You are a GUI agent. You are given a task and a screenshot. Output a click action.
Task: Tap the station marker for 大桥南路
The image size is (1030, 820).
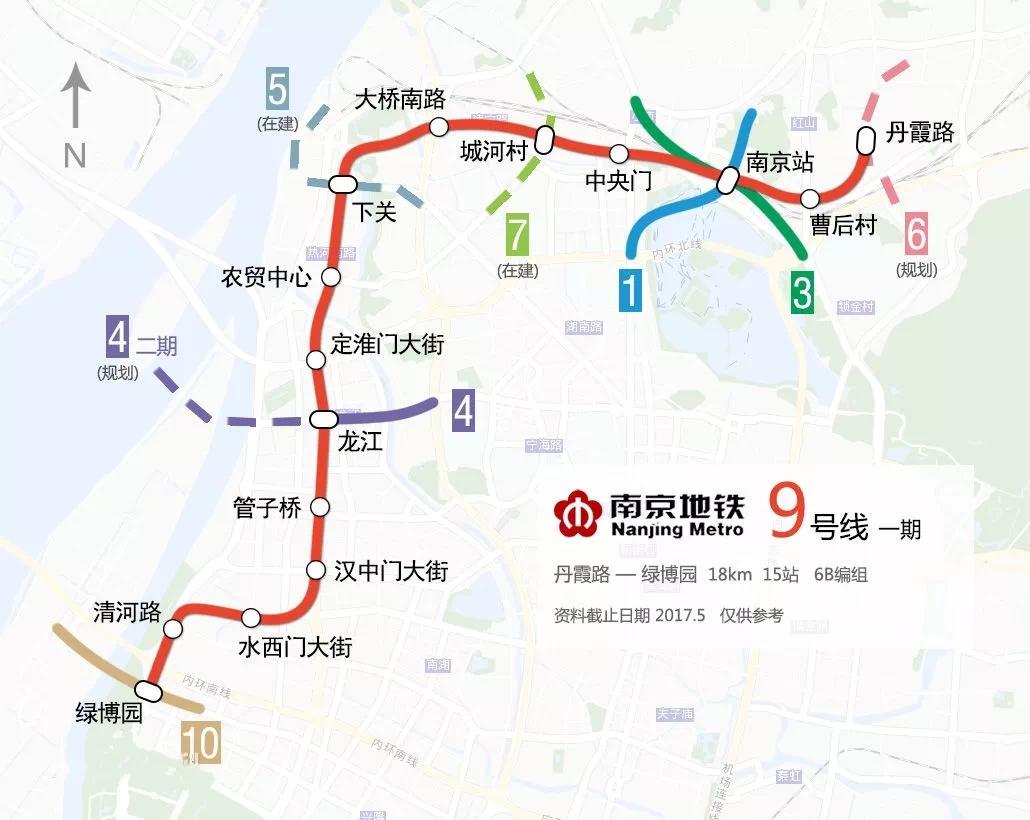click(438, 126)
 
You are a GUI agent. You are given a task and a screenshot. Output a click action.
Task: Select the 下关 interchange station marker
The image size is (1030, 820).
click(342, 183)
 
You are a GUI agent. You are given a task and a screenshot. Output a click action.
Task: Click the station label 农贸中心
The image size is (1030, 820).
click(266, 277)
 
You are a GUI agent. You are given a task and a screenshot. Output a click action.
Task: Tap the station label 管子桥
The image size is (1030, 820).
click(266, 508)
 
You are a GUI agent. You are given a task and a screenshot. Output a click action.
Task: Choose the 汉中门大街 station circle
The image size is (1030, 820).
click(315, 571)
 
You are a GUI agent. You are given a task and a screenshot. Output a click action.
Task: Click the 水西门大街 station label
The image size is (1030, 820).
click(294, 647)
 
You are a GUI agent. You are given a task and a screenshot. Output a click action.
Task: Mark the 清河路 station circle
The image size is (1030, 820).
click(173, 629)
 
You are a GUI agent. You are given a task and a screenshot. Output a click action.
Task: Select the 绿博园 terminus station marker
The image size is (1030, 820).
click(149, 690)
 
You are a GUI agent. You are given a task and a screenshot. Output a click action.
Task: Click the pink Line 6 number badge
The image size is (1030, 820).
click(916, 237)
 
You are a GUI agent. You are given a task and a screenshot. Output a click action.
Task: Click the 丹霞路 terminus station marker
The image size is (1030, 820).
click(867, 141)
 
